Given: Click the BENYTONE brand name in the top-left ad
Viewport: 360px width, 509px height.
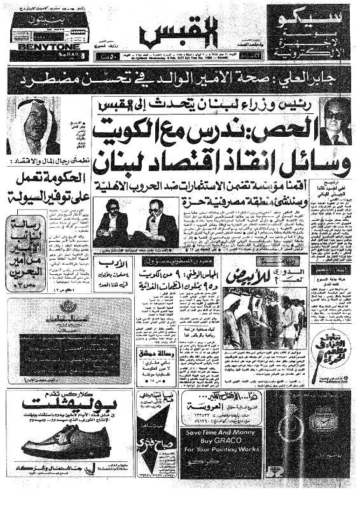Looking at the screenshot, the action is click(x=32, y=47).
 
